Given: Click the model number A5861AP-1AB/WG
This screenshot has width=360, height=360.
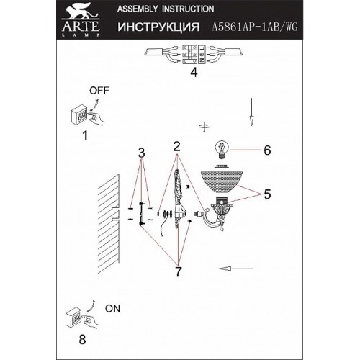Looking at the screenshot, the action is pos(255,27).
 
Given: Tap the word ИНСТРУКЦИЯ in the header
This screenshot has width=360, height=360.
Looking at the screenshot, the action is pos(158,27).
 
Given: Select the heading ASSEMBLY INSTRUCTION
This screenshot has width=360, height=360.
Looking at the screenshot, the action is pos(166,9).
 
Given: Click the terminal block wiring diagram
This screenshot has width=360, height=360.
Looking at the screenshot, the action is pos(194,55).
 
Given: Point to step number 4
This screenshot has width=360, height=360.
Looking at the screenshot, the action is pos(194,72).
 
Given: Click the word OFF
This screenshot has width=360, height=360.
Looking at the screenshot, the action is pos(99,91).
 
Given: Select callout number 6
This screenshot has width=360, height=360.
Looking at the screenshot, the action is pos(267,150).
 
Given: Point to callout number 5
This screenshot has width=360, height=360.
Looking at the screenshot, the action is pos(267,194).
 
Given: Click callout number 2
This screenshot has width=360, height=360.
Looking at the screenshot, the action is pos(177,146).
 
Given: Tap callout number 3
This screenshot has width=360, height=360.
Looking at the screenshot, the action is pos(142,153).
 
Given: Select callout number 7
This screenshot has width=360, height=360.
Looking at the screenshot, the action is pos(178,271).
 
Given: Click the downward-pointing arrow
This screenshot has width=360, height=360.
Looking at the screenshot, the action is pos(251,112).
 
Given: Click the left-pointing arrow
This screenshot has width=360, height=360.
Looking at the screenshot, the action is pos(235,269).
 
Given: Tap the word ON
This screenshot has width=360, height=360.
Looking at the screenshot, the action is pos(113,309).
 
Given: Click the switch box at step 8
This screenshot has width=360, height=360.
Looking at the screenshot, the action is pos(73,319).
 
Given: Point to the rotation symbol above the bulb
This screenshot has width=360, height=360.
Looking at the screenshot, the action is pos(204,127).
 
